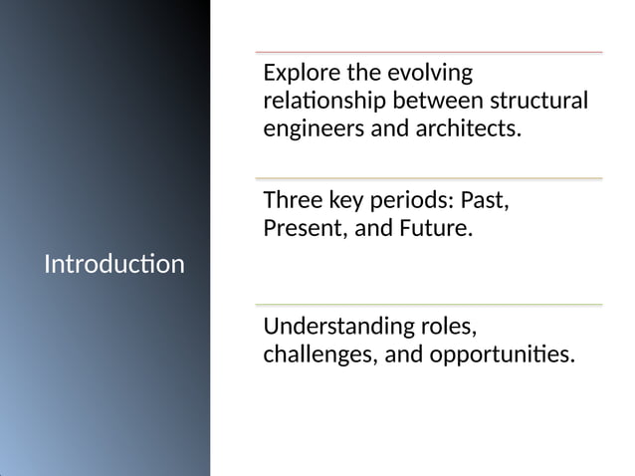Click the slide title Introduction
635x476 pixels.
(114, 265)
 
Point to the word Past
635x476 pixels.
(486, 200)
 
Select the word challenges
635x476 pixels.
(316, 355)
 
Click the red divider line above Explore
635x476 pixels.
(428, 52)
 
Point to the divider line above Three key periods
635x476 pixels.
(428, 178)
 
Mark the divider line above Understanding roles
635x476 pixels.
(428, 305)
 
